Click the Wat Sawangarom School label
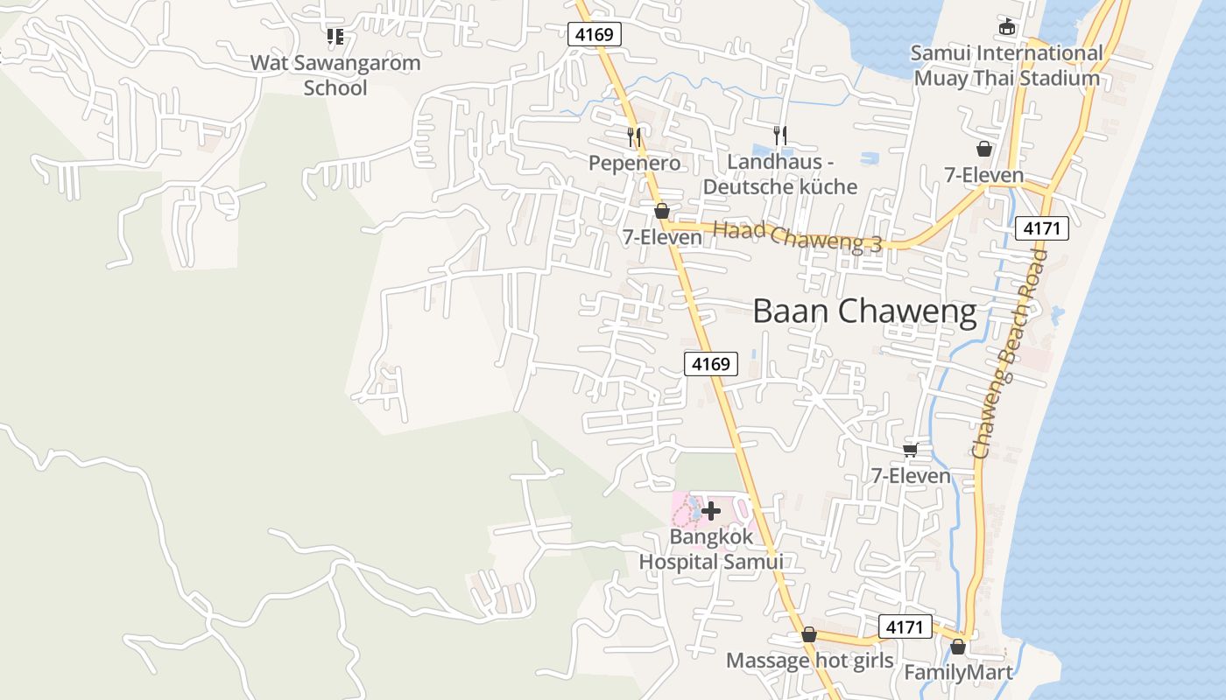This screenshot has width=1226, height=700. pos(335,75)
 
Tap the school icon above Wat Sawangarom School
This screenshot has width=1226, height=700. pos(335,36)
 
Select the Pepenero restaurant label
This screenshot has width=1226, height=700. pos(634,163)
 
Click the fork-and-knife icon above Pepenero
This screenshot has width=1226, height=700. pos(634,136)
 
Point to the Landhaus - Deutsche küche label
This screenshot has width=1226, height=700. pos(779,174)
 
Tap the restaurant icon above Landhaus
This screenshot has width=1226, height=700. pos(779,135)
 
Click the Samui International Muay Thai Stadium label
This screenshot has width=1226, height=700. pos(1006,66)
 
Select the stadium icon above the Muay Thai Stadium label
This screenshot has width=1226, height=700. pos(1006,27)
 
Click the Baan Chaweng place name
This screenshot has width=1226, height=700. pos(864,311)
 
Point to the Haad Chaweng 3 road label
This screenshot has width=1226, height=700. pos(797,237)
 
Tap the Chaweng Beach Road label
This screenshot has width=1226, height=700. pos(1009,353)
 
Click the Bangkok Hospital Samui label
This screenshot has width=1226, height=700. pos(710,549)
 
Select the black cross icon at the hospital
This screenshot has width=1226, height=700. pos(711,511)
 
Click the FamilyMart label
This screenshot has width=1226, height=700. pos(957,672)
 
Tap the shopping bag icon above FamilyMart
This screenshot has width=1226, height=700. pos(958,647)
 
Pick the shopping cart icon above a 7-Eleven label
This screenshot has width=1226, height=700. pos(910,450)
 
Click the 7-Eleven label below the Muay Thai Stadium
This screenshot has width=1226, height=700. pos(983,175)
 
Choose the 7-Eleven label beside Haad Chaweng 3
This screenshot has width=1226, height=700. pos(662,237)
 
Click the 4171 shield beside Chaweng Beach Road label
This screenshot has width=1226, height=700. pos(1042,229)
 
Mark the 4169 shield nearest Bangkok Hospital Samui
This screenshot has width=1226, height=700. pos(710,363)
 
